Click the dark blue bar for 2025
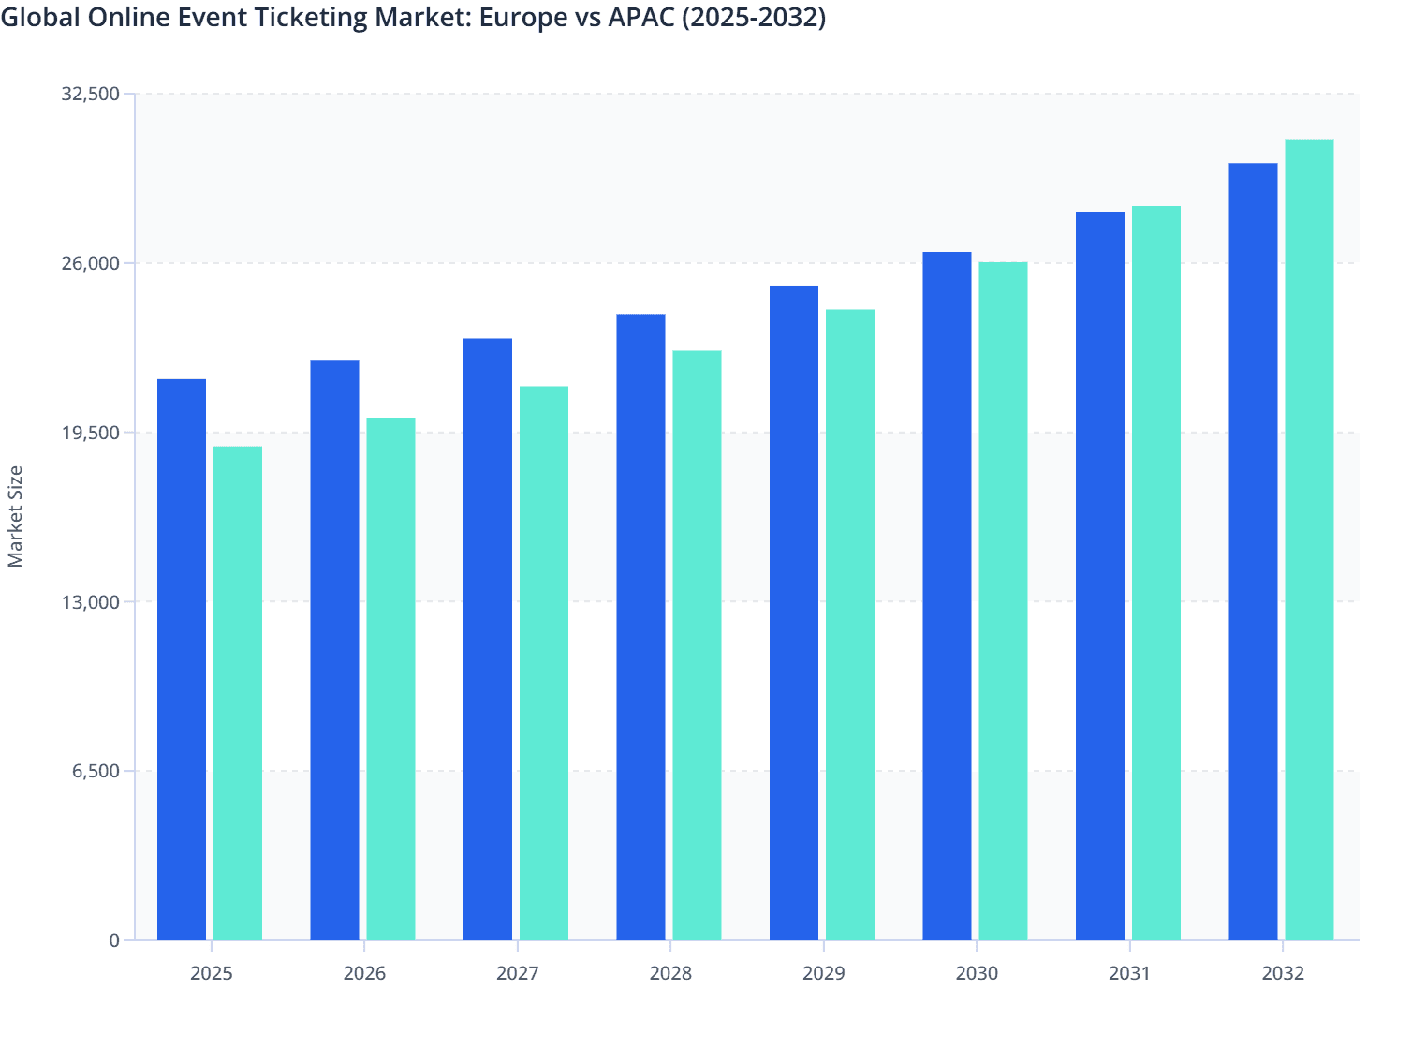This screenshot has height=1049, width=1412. pos(182,659)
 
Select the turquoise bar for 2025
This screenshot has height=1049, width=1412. pos(238,693)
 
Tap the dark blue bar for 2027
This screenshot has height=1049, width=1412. pos(488,639)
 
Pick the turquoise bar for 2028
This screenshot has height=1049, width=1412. pos(697,645)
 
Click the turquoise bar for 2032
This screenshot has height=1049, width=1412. pos(1309,539)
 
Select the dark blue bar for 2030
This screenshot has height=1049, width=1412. pos(947,596)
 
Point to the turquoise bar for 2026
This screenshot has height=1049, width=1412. pos(390,679)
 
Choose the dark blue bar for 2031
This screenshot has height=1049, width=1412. pos(1100,576)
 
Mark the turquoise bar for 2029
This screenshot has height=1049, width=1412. pos(850,625)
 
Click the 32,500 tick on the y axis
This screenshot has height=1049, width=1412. pos(90,94)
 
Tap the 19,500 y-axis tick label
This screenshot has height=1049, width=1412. pos(90,433)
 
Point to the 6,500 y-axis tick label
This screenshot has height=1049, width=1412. pos(96,771)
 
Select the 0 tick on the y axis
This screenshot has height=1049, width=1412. pos(114,940)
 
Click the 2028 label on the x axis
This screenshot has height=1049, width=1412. pos(670,973)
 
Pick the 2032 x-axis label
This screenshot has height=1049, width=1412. pos(1283,973)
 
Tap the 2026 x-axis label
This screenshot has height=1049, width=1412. pos(364,973)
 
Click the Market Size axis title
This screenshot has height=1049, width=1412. pos(15,516)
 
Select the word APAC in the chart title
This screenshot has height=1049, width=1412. pos(640,18)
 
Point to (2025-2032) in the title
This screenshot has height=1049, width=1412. pos(754,18)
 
